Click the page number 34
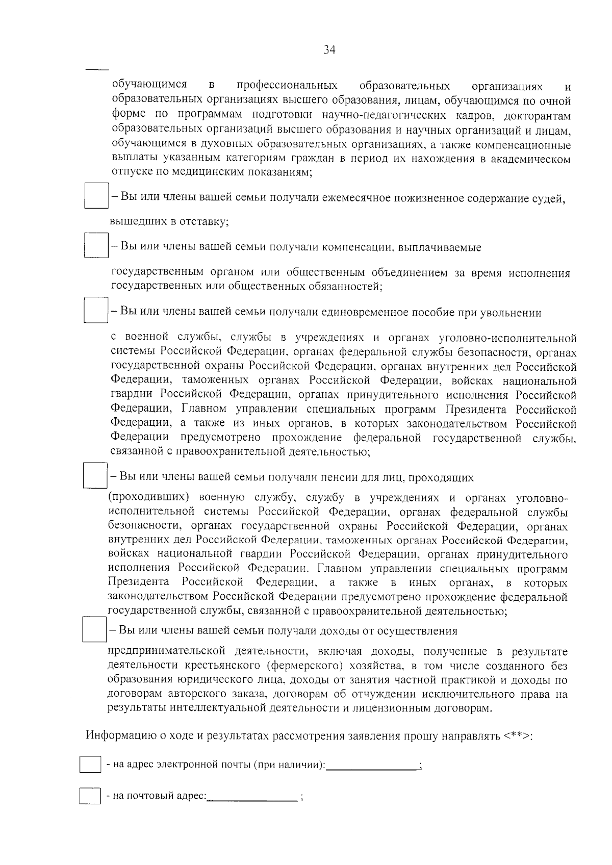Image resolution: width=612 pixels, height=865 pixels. (x=329, y=50)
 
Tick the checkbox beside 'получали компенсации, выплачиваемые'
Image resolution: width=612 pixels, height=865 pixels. (x=96, y=245)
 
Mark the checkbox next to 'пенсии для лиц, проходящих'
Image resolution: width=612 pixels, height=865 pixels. (x=95, y=475)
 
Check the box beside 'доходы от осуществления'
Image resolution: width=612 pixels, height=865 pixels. (x=94, y=629)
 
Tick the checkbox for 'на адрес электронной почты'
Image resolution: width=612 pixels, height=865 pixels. (x=90, y=765)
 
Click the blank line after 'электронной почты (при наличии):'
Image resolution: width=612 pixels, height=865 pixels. (x=371, y=766)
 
